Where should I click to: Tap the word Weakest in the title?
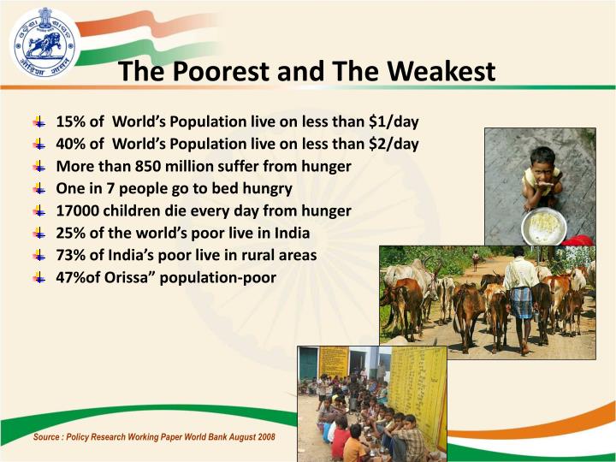[x=441, y=71]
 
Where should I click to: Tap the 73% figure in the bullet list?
[x=69, y=255]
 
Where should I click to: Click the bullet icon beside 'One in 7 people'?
[x=39, y=188]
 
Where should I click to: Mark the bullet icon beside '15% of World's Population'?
[x=39, y=121]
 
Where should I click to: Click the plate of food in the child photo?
[x=542, y=226]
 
